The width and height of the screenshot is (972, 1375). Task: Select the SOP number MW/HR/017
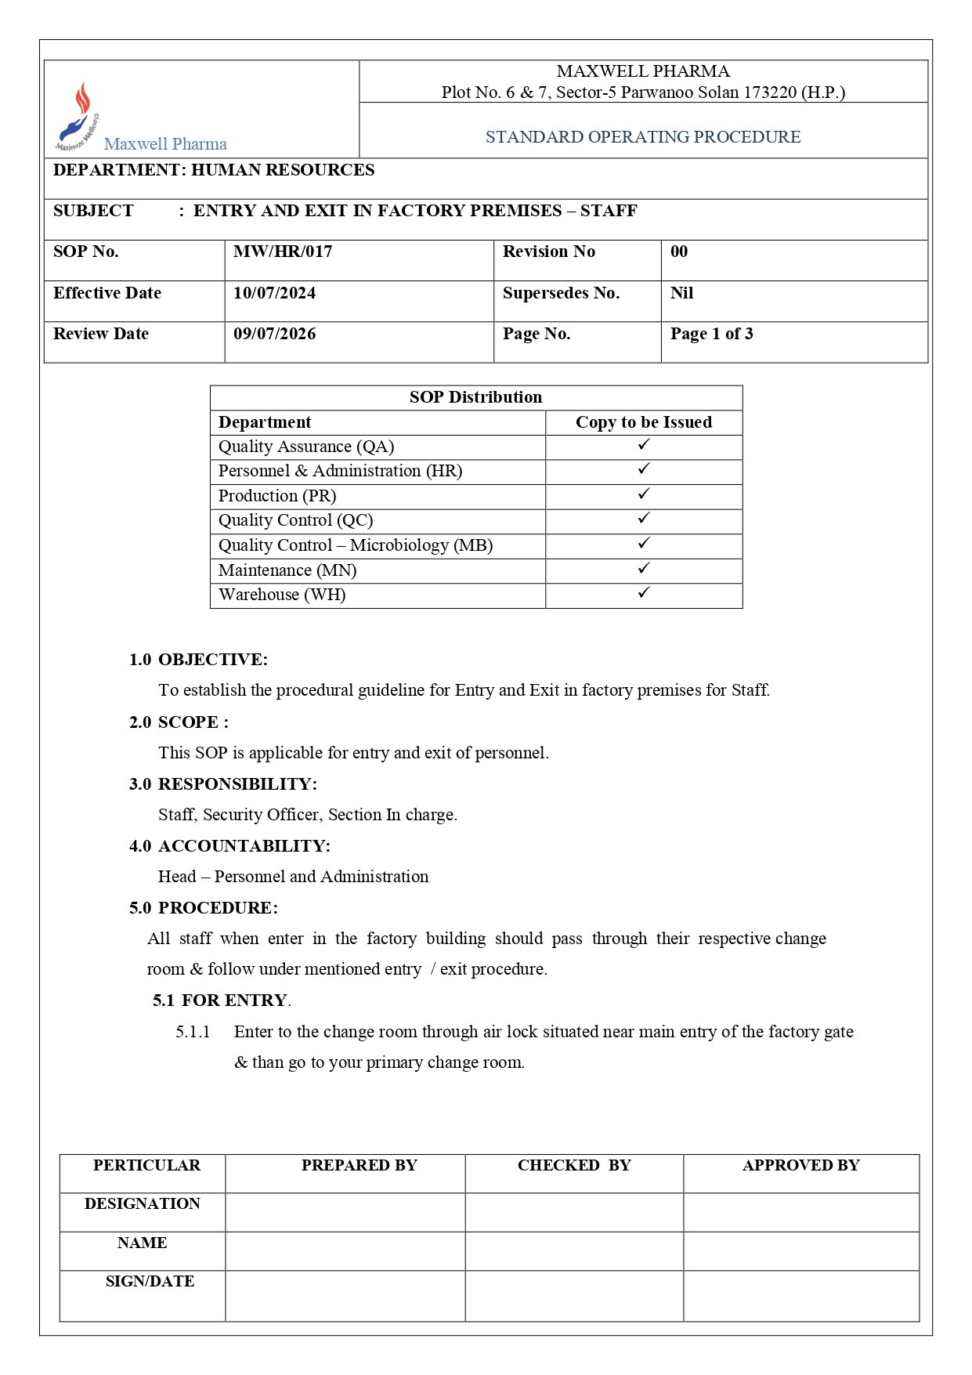point(283,252)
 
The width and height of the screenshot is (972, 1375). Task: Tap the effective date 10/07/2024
point(274,294)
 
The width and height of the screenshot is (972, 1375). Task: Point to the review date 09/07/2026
point(274,335)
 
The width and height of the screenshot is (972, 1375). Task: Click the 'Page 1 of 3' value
point(711,335)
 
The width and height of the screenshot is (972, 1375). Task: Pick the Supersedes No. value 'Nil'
point(681,294)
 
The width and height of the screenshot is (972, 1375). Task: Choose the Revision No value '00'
point(679,252)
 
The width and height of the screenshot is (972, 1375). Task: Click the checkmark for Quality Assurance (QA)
point(644,445)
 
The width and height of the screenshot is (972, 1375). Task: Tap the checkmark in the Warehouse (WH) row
point(644,593)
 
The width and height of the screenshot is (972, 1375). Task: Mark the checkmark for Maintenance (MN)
point(644,568)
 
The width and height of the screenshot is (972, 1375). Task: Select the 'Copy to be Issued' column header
point(644,423)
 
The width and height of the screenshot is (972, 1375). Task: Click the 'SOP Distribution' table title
point(475,398)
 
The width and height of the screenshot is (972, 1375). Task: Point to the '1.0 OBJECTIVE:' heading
point(198,660)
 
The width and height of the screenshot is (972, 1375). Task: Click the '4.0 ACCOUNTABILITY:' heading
point(229,847)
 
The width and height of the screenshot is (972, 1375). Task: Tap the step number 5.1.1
point(193,1033)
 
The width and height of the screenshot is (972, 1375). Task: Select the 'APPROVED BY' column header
point(800,1166)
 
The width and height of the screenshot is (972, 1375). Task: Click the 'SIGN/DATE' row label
point(150,1282)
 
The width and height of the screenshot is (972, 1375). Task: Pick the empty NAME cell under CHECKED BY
point(574,1251)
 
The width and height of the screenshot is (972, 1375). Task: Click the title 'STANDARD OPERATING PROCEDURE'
point(643,137)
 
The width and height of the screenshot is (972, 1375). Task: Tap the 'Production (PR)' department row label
point(277,497)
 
